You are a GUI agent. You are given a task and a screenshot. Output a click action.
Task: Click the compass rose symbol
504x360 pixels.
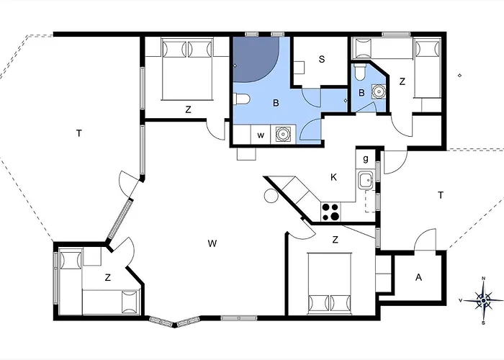[x=483, y=300]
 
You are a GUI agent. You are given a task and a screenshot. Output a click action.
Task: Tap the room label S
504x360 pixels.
[x=322, y=59]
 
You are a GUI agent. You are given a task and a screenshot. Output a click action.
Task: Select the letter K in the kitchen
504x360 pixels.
[x=333, y=177]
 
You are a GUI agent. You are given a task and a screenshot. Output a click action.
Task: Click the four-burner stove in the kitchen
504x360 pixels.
[x=330, y=212]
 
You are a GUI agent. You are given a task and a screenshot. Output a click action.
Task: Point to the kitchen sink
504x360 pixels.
[x=366, y=180]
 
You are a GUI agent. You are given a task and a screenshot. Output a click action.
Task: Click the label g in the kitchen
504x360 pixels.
[x=366, y=159]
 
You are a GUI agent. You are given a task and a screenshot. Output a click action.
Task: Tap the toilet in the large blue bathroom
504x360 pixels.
[x=240, y=99]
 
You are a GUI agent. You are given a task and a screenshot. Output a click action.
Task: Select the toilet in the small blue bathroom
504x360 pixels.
[x=359, y=72]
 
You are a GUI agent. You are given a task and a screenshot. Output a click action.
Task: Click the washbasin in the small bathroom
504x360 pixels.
[x=379, y=91]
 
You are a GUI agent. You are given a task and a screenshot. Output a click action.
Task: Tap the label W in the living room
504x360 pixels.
[x=212, y=243]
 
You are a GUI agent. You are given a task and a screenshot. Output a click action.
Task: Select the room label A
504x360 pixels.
[x=418, y=277]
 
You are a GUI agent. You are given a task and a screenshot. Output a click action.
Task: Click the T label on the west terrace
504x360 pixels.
[x=79, y=133]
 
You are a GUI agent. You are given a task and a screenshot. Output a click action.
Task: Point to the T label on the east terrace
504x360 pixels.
[x=441, y=195]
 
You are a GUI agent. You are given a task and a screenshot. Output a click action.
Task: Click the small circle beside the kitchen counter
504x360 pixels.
[x=271, y=196]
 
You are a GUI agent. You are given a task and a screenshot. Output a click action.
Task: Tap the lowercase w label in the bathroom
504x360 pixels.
[x=261, y=135]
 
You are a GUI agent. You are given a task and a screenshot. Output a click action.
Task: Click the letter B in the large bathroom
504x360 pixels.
[x=276, y=103]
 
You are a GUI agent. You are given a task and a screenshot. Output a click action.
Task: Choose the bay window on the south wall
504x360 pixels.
[x=174, y=322]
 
